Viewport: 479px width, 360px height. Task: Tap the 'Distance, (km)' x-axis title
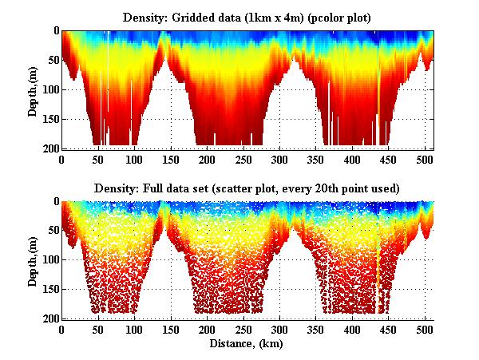(x=247, y=344)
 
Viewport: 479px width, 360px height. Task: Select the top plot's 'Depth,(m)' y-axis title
(x=33, y=89)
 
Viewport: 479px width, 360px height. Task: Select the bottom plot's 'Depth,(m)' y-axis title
(x=33, y=260)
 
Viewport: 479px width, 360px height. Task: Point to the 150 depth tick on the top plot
(x=49, y=119)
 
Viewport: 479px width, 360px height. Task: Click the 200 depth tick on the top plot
(x=49, y=148)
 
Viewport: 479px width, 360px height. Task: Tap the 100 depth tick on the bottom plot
(x=49, y=260)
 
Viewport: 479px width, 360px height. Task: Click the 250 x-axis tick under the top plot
(x=208, y=160)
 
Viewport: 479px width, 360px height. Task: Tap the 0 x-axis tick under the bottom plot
(x=61, y=330)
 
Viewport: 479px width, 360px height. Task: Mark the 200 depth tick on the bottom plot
(x=49, y=318)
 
